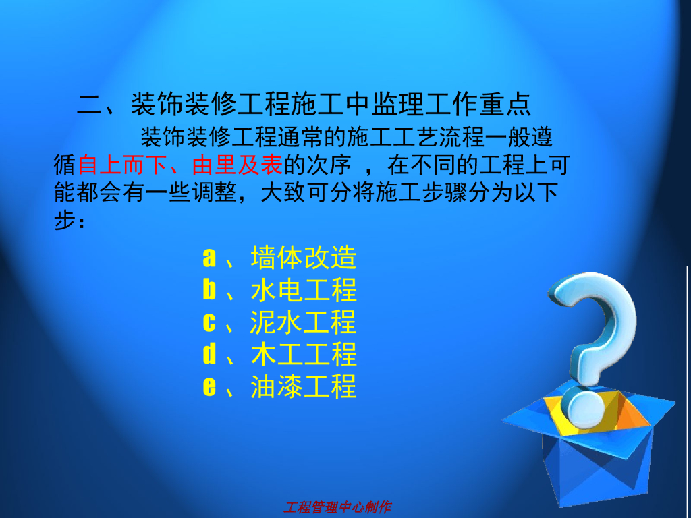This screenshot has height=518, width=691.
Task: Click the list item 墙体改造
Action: tap(303, 258)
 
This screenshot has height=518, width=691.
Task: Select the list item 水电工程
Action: tap(303, 290)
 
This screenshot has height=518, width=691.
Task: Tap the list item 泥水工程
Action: tap(303, 322)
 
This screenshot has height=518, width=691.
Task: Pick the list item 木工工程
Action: tap(303, 355)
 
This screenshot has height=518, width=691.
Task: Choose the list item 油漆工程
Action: tap(303, 387)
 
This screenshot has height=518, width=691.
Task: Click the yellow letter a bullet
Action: tap(209, 258)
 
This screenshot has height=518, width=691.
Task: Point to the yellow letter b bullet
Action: tap(209, 290)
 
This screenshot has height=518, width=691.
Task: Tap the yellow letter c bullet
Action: tap(209, 323)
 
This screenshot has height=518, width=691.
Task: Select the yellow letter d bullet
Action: tap(209, 355)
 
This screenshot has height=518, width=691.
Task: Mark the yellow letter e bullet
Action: tap(209, 388)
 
